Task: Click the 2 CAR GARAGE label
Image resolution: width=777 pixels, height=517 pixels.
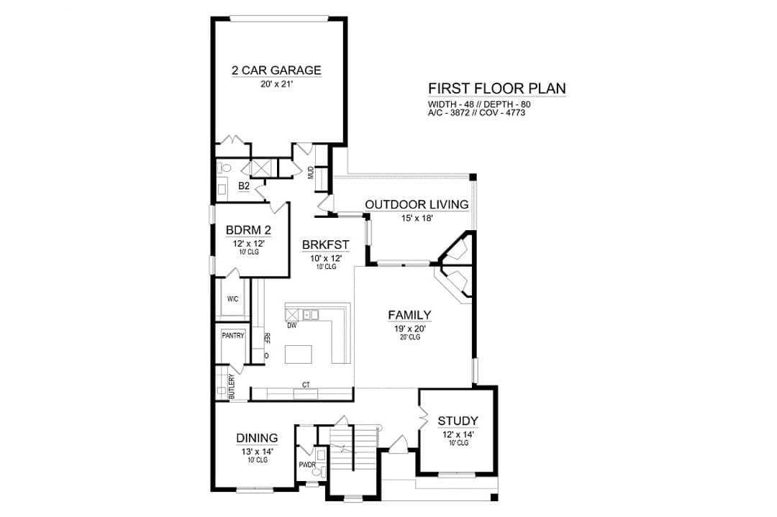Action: click(276, 70)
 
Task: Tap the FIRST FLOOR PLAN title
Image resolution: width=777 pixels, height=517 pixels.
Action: click(497, 88)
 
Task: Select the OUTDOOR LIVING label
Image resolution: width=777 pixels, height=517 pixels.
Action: click(417, 204)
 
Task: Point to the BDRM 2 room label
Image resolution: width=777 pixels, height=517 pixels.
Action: click(248, 230)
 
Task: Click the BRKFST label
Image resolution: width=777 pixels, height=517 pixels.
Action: click(326, 244)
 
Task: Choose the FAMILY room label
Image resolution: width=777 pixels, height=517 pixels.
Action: click(409, 315)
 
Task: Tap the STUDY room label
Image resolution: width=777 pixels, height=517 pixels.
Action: click(458, 421)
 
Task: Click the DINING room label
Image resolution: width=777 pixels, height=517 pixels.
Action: click(257, 438)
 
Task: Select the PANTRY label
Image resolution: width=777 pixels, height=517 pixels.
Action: click(233, 336)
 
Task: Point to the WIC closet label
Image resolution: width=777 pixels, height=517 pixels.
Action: click(232, 299)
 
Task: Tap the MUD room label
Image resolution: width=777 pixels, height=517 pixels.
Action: click(312, 173)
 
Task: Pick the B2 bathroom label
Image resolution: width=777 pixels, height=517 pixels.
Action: click(244, 186)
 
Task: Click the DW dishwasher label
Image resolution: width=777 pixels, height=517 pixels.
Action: click(291, 325)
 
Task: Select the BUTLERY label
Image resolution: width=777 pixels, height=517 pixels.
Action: click(232, 386)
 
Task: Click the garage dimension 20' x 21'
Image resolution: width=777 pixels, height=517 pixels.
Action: click(277, 84)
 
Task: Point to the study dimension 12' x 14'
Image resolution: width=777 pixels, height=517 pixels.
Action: click(458, 434)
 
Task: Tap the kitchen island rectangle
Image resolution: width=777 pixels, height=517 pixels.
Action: click(299, 354)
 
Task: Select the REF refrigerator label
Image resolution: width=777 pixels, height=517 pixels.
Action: click(267, 338)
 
